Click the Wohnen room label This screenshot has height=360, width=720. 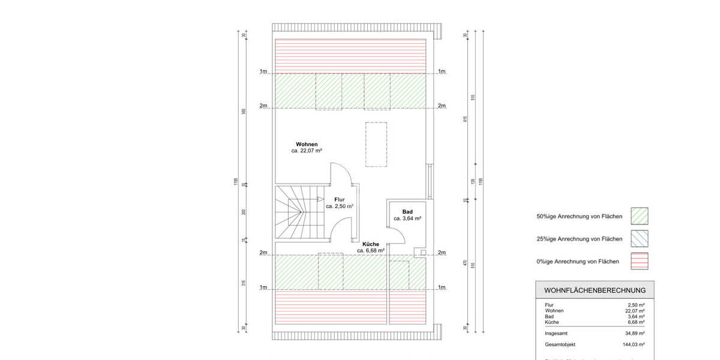(x=307, y=144)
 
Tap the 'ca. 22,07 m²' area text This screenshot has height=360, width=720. (x=307, y=151)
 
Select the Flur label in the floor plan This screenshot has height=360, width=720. (x=340, y=199)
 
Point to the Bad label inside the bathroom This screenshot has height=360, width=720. (x=407, y=212)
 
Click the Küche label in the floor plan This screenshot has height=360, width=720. (x=371, y=244)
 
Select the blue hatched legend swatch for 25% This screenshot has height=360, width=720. (x=640, y=238)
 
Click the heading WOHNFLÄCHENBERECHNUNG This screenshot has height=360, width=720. (x=595, y=290)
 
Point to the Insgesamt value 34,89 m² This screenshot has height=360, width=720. (x=633, y=333)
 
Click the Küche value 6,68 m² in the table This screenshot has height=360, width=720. (x=635, y=322)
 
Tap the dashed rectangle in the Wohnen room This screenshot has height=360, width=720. (x=376, y=144)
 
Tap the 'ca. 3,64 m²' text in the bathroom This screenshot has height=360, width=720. (x=407, y=219)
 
